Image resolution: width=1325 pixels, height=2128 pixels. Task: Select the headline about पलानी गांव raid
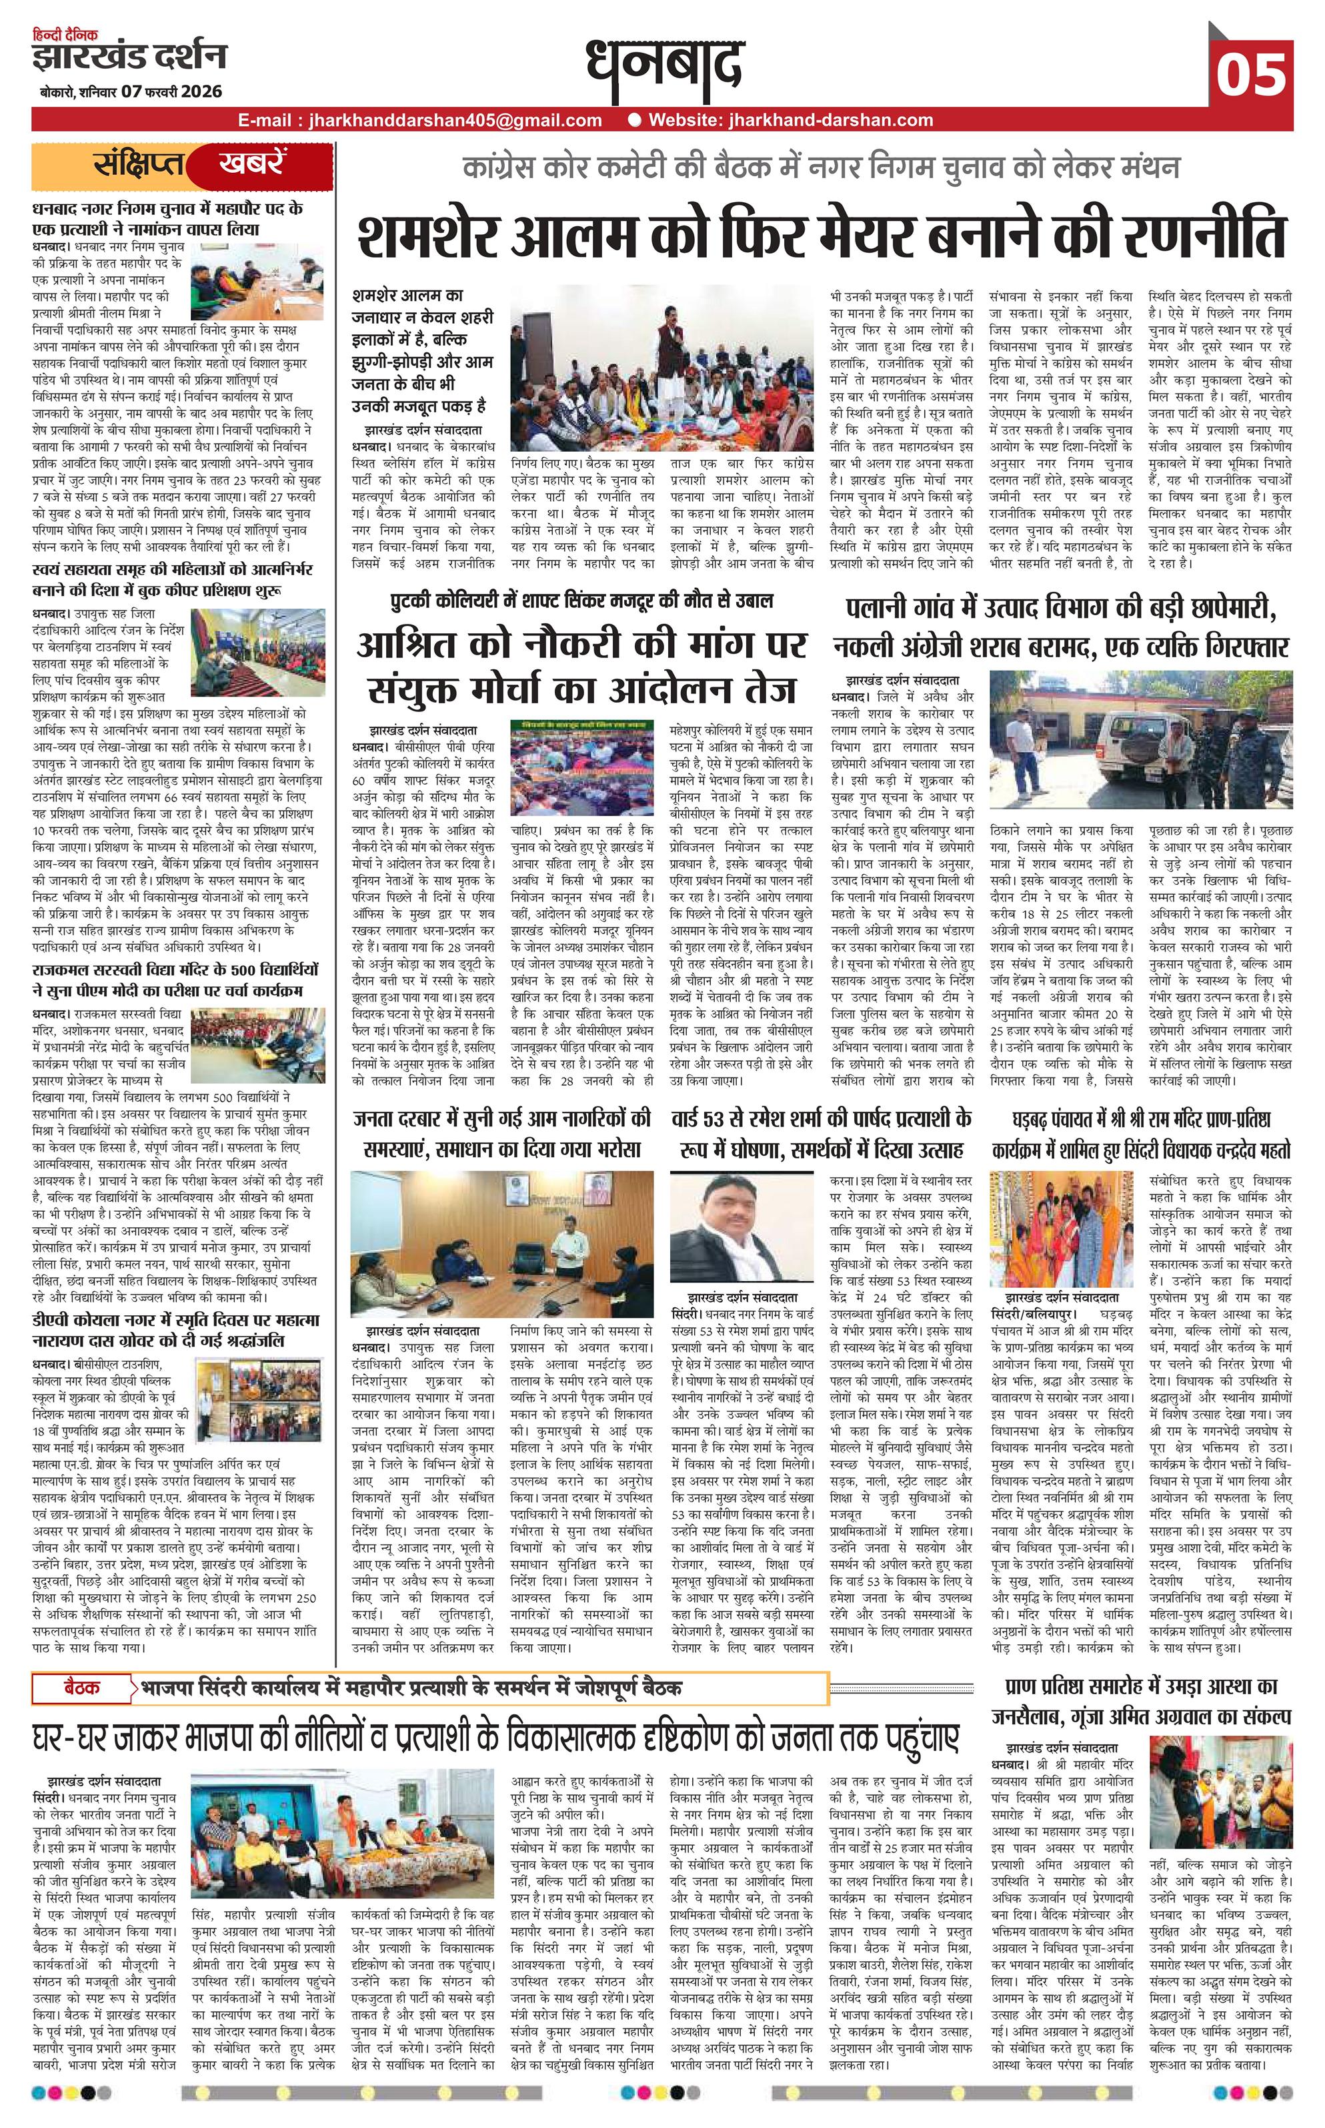(x=1061, y=629)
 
